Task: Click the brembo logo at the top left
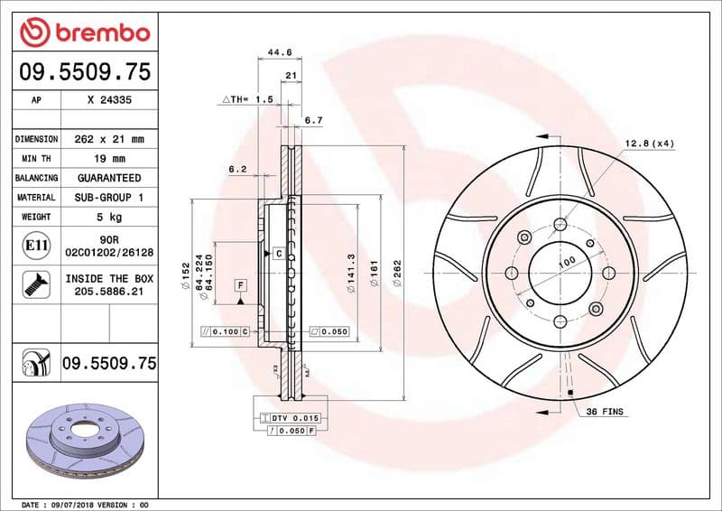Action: [x=84, y=33]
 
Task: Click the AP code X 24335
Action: [x=108, y=101]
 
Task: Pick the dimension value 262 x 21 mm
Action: [x=108, y=140]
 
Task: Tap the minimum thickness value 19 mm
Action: [x=108, y=159]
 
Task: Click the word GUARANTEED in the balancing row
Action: [x=108, y=178]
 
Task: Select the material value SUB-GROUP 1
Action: [x=108, y=197]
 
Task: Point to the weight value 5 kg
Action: [x=108, y=217]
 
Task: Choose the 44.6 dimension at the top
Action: [x=280, y=52]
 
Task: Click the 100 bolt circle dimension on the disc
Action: [x=567, y=263]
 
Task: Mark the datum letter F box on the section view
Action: [x=240, y=285]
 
